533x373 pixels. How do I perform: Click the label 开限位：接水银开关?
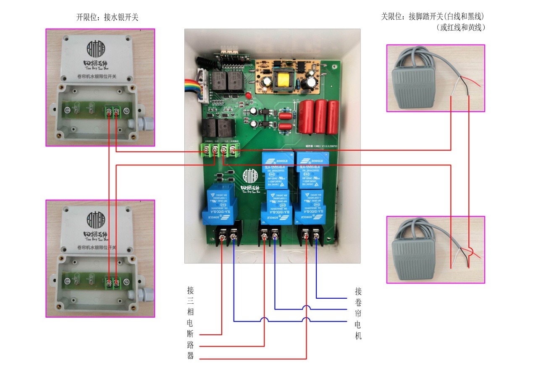click(x=107, y=17)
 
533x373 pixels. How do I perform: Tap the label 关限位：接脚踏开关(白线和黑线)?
click(x=433, y=17)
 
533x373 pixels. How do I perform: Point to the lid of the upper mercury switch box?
click(x=100, y=58)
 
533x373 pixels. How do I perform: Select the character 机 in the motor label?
click(x=358, y=336)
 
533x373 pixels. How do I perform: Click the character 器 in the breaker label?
click(x=190, y=356)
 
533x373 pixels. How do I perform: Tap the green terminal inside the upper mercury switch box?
click(x=112, y=112)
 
